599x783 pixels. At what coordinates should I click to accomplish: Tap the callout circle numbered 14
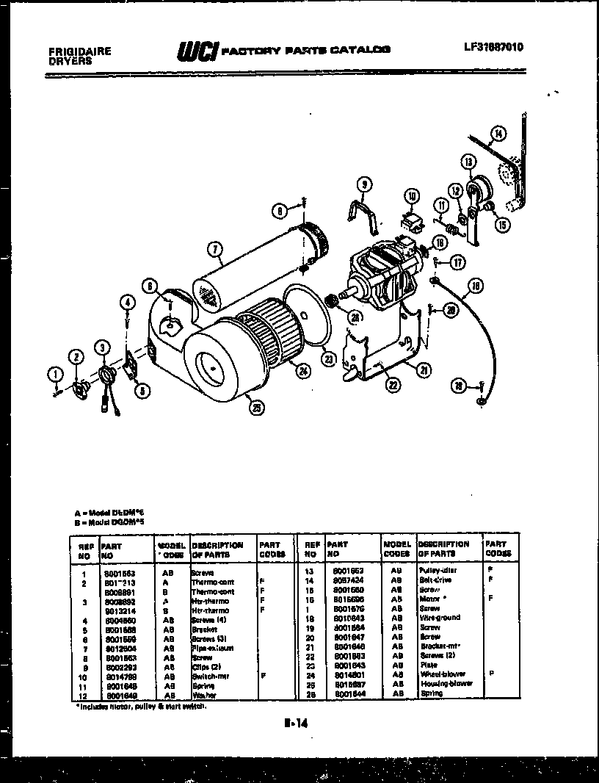click(498, 134)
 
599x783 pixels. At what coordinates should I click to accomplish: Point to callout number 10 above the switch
click(412, 195)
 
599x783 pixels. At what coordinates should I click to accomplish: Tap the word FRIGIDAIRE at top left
click(79, 52)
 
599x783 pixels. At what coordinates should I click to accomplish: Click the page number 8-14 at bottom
click(295, 724)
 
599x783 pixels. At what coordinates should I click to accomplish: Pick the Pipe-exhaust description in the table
click(212, 648)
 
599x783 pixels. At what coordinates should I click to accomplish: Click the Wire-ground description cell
click(440, 618)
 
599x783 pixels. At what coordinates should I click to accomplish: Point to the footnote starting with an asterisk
click(142, 706)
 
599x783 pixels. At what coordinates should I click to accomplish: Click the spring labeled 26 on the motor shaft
click(332, 301)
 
